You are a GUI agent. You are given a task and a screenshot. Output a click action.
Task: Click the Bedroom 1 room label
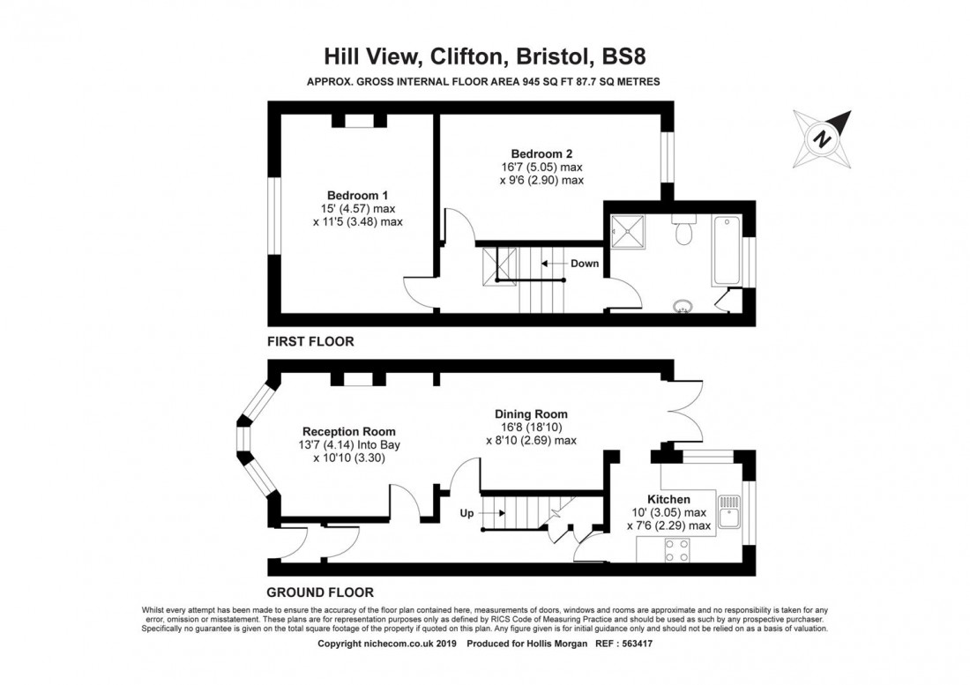click(357, 195)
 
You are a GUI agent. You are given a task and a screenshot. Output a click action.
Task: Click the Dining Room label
click(531, 413)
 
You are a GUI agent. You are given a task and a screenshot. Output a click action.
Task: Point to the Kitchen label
click(668, 499)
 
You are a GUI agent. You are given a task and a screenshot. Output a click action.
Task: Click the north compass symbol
click(823, 138)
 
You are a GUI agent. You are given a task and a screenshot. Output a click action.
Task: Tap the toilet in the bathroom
click(683, 232)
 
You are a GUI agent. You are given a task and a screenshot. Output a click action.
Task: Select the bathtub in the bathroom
click(727, 250)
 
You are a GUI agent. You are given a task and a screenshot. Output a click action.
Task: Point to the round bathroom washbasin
click(683, 307)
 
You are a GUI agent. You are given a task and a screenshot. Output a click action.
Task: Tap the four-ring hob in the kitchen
click(677, 551)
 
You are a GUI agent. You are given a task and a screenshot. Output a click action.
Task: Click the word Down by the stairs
click(584, 264)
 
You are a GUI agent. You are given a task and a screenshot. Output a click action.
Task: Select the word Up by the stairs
click(466, 512)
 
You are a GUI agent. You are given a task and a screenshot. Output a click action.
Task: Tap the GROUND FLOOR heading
click(320, 592)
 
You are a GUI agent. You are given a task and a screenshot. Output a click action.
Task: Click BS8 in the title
click(629, 56)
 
